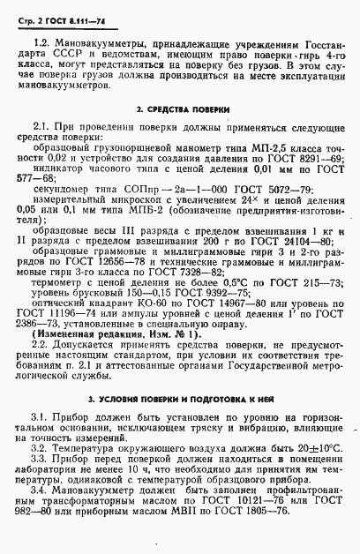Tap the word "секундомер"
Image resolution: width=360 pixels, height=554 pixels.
(x=58, y=188)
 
